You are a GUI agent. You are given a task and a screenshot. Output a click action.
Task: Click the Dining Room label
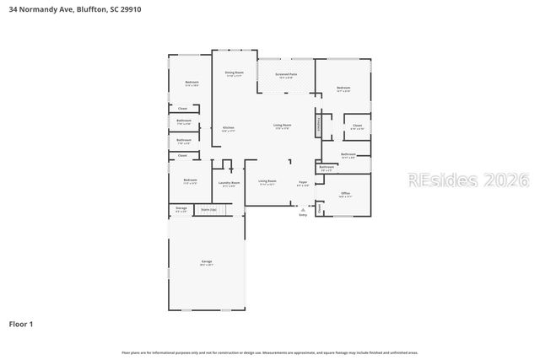click(234, 73)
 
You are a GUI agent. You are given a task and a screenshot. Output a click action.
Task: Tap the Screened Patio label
click(286, 74)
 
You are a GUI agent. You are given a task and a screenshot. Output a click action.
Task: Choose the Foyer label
click(302, 182)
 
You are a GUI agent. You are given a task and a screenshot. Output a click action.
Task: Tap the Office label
click(345, 193)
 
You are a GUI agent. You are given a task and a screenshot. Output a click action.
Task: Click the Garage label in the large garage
click(206, 262)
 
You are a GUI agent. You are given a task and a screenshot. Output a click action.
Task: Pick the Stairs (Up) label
click(207, 208)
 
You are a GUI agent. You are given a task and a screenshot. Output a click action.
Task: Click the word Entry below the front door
click(303, 216)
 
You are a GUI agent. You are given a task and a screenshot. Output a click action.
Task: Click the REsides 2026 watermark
click(468, 180)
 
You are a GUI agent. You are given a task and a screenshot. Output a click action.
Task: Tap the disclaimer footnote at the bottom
click(269, 352)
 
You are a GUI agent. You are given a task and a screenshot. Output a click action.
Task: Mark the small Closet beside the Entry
click(320, 207)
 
